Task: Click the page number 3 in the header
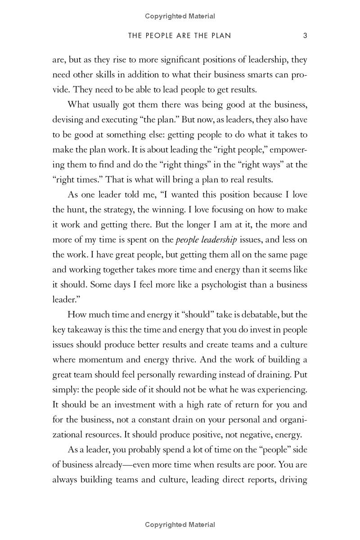point(305,36)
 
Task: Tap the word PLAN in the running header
point(220,36)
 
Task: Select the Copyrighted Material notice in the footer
point(180,525)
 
